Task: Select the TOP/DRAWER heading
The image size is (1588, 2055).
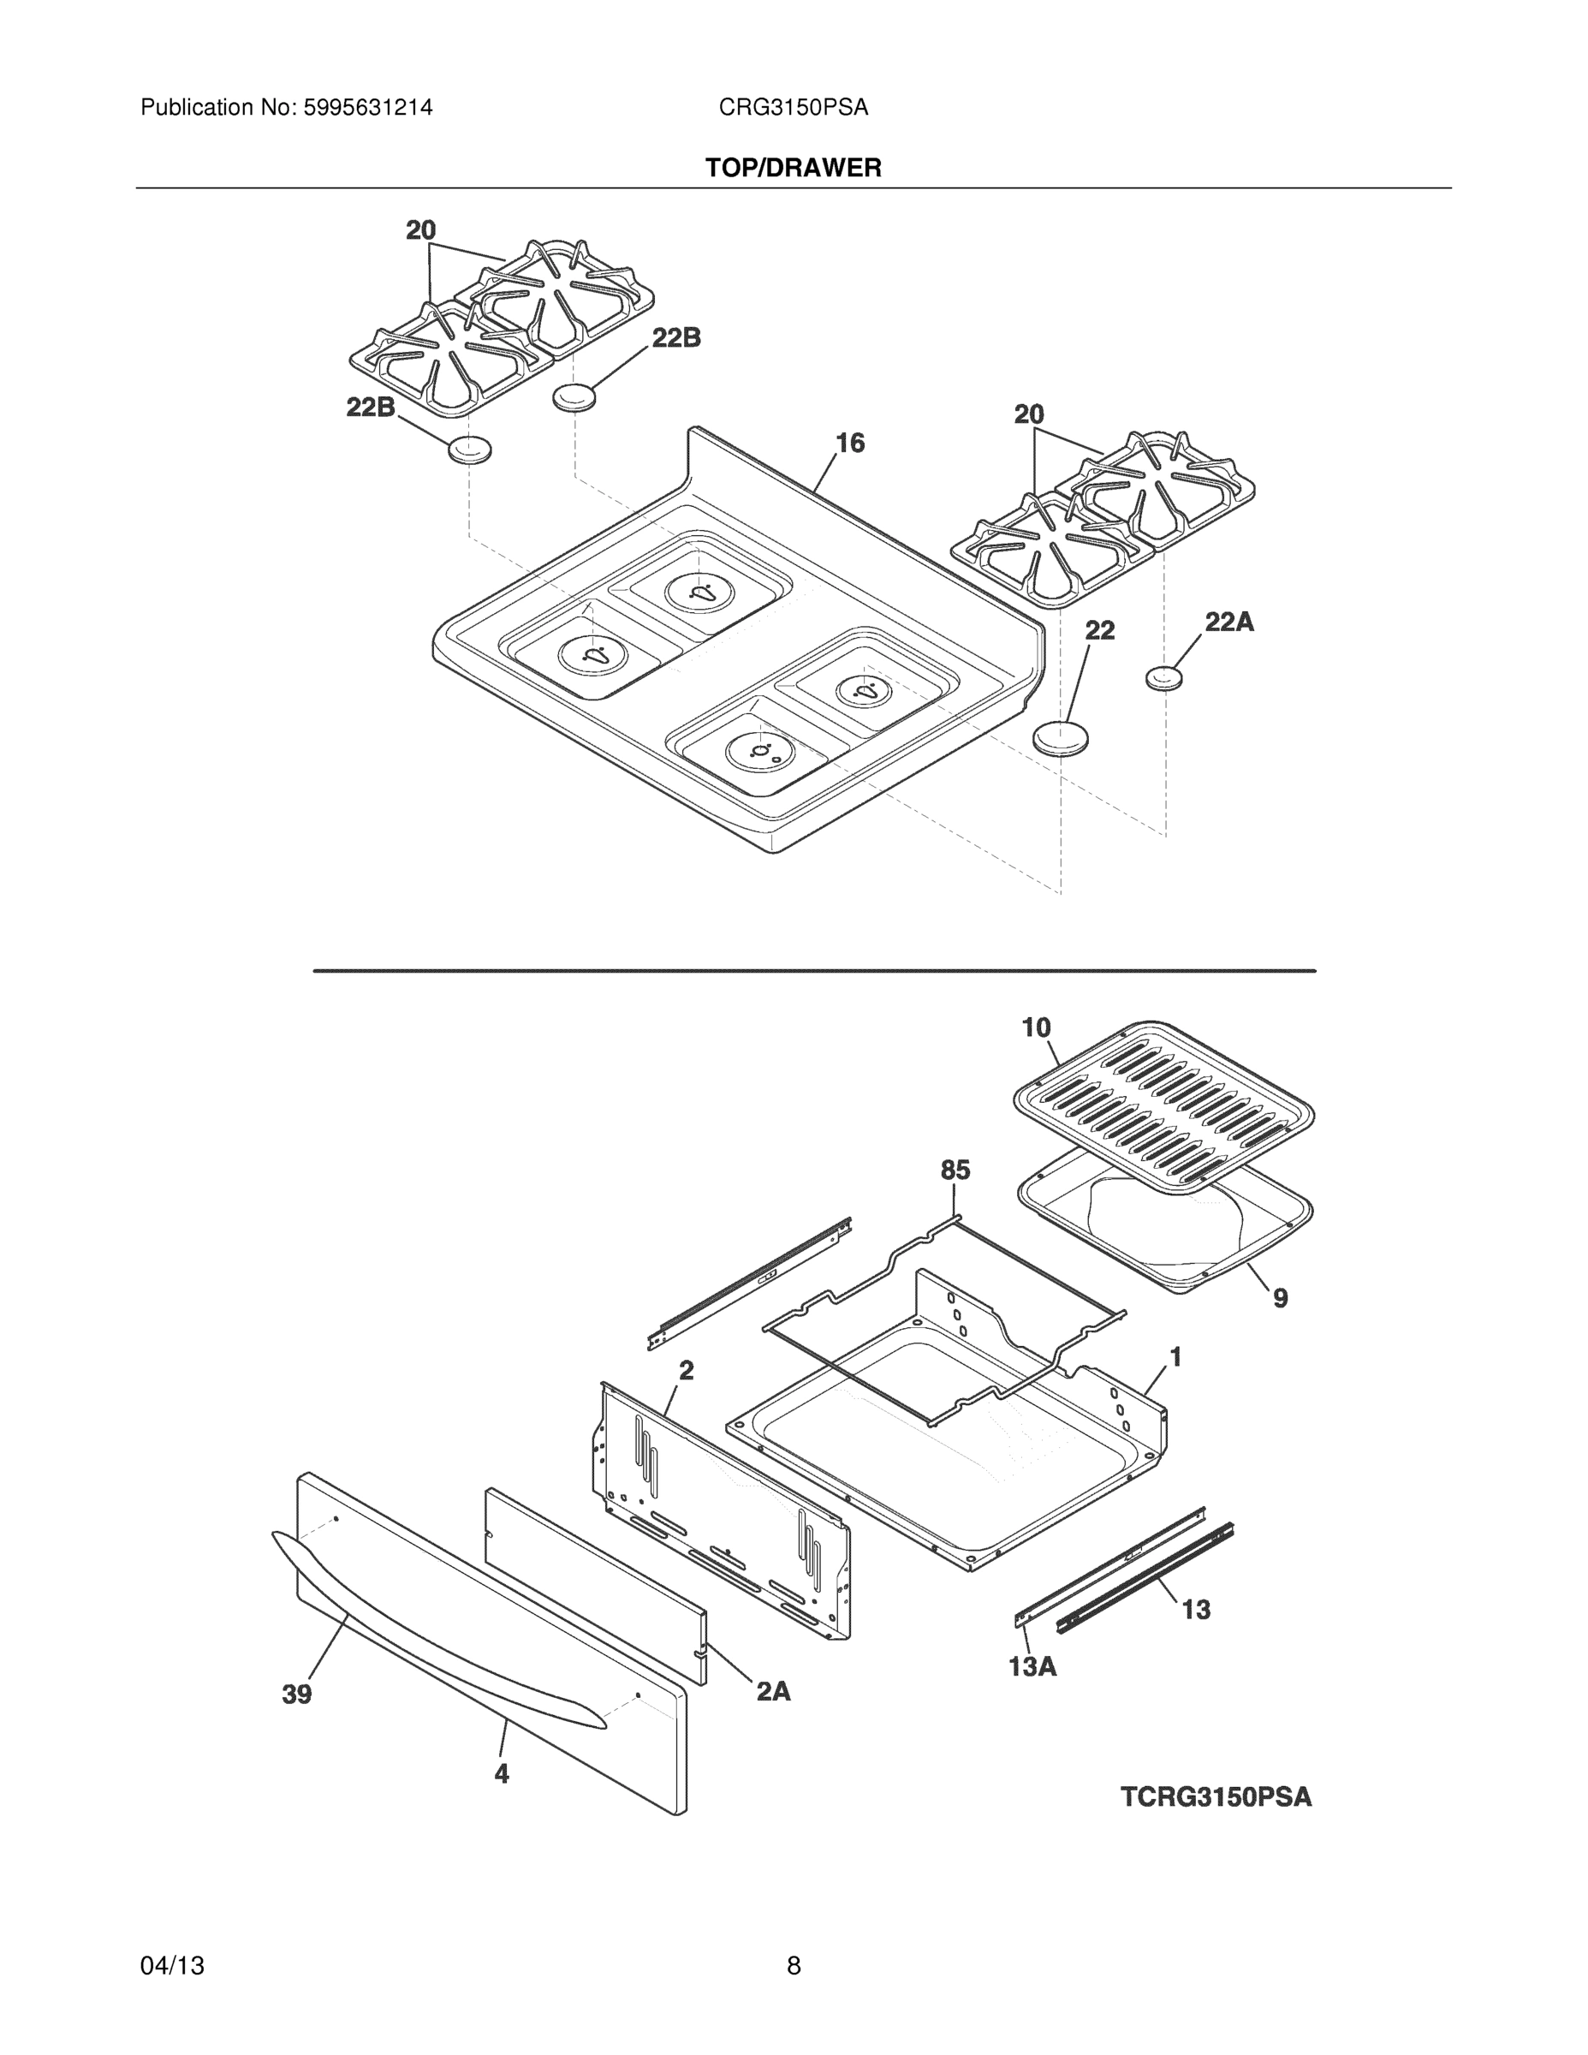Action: [793, 169]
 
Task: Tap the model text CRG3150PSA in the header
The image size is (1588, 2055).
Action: [793, 108]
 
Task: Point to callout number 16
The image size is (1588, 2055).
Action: [849, 444]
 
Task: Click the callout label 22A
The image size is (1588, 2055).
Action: [1228, 621]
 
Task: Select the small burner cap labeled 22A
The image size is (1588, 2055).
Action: [1163, 677]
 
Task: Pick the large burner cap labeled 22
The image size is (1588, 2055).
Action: [1060, 736]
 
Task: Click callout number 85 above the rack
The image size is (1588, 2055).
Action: [955, 1170]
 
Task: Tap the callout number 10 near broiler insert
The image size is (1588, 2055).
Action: [1036, 1027]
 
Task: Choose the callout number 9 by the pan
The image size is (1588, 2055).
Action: [1281, 1298]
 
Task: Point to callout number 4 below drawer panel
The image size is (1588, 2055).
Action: [502, 1773]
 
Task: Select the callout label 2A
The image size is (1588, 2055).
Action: [773, 1692]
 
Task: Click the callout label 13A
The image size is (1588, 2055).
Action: [1032, 1667]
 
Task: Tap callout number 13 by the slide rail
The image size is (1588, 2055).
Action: [1196, 1610]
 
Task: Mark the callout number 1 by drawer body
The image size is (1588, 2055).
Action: [1175, 1357]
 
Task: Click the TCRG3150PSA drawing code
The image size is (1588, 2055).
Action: [1216, 1797]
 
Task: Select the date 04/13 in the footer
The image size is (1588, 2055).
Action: [172, 1966]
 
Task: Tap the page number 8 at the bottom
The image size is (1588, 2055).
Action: [793, 1966]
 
